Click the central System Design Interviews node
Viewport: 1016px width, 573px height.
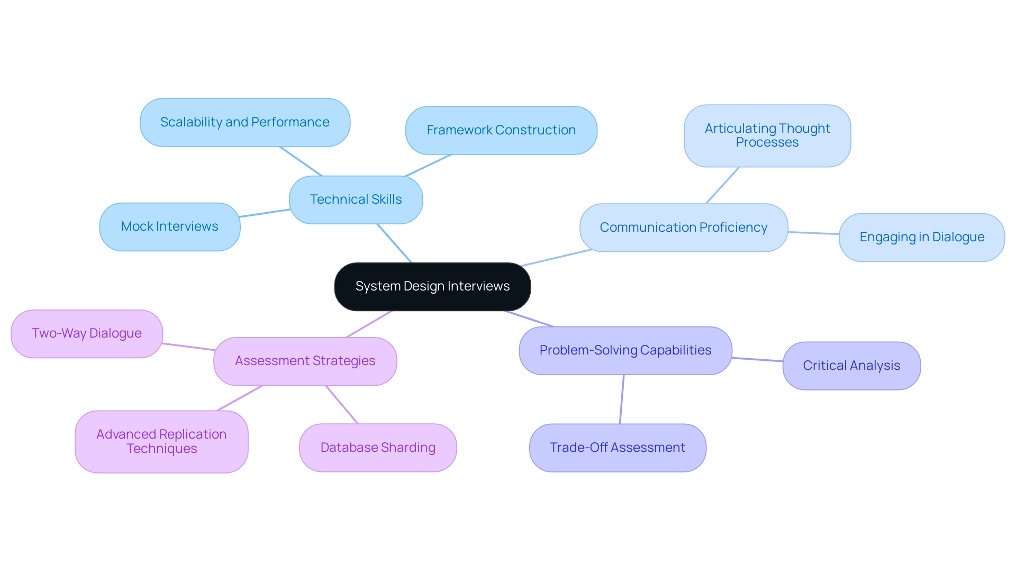click(432, 286)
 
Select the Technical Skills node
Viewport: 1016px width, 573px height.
click(356, 199)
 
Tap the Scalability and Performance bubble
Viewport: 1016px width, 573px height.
click(244, 122)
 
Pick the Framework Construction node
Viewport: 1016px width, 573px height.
click(501, 130)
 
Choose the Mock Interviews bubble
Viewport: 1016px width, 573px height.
click(169, 226)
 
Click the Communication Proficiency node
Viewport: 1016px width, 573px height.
click(683, 228)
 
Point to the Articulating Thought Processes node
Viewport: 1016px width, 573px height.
click(767, 135)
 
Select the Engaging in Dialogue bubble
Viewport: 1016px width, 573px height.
click(921, 237)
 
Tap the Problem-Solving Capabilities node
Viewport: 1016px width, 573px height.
click(625, 350)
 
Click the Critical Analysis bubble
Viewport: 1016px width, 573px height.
click(851, 366)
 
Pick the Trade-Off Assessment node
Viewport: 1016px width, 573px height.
click(617, 448)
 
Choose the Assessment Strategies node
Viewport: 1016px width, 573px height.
click(305, 361)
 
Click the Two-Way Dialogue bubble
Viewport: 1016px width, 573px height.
click(86, 333)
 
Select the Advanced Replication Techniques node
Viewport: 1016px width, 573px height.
click(161, 441)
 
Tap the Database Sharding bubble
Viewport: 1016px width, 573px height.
click(377, 448)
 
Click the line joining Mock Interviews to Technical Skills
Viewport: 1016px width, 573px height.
click(265, 213)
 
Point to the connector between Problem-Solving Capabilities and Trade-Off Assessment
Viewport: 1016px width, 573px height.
click(622, 399)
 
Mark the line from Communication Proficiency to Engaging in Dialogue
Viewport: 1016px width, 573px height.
click(813, 233)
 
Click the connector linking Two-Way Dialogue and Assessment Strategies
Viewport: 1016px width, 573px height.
click(188, 347)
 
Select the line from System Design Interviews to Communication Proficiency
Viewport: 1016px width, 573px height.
click(556, 258)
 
